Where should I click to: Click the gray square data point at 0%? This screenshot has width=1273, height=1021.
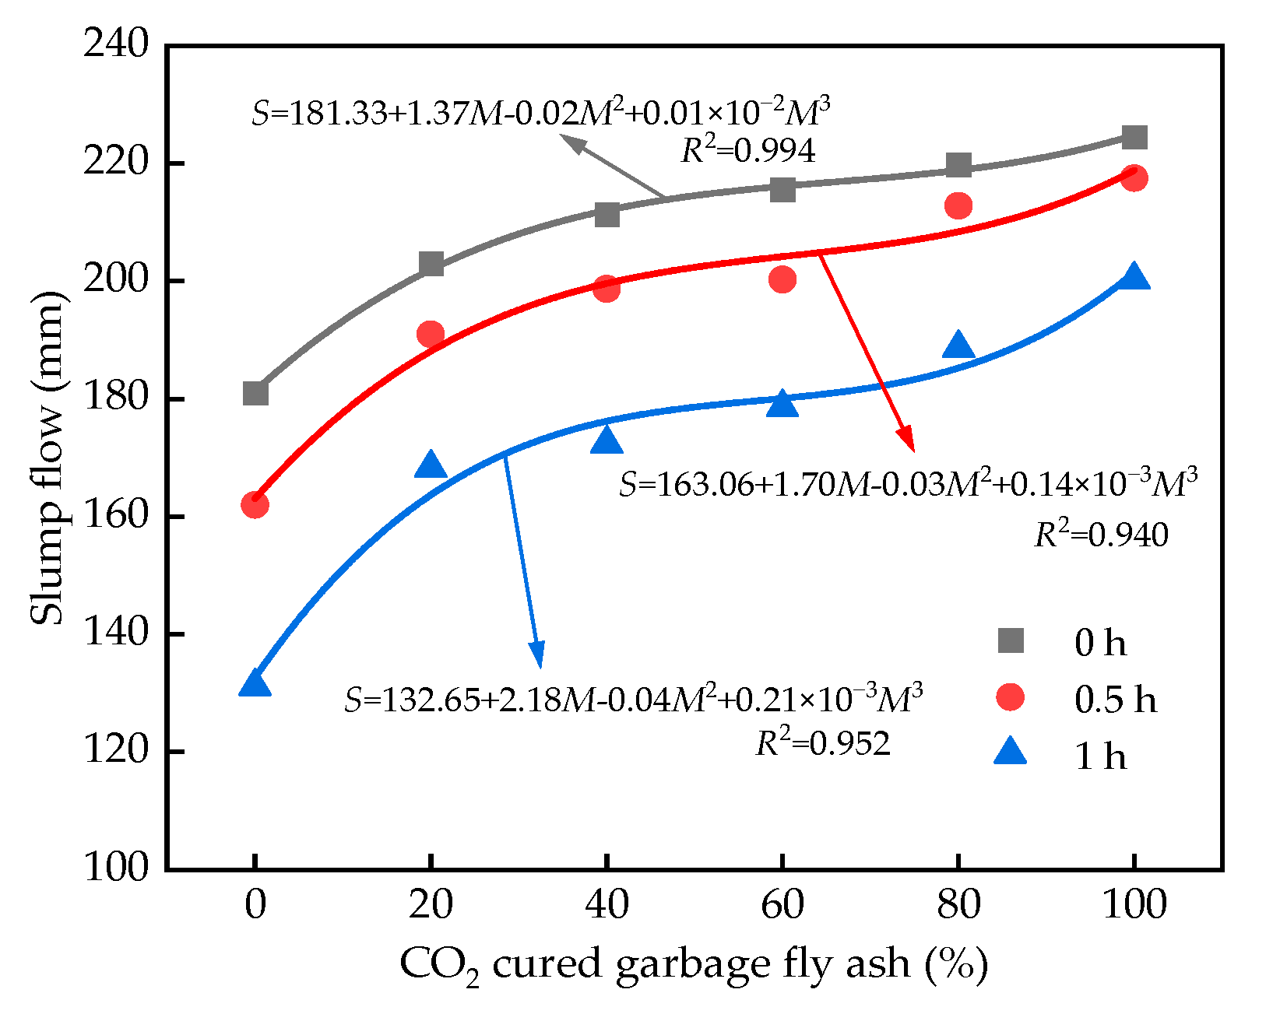(x=255, y=394)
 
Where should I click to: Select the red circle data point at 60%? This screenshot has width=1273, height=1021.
(x=782, y=279)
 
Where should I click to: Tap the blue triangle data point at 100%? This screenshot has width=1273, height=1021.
(x=1134, y=277)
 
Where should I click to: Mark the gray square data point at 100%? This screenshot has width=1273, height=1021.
(x=1134, y=138)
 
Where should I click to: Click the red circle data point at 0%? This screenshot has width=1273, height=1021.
(x=255, y=505)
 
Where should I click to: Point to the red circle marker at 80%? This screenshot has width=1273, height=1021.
(x=958, y=205)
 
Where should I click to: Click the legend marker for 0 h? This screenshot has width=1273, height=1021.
(x=1011, y=641)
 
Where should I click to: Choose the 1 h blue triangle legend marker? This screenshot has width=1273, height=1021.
(x=1011, y=753)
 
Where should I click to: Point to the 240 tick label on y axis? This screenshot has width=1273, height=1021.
(x=116, y=44)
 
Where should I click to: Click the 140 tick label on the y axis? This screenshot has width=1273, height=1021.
(x=116, y=633)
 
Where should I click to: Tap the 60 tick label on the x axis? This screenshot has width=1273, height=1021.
(x=782, y=905)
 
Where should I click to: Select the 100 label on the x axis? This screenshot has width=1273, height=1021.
(x=1134, y=905)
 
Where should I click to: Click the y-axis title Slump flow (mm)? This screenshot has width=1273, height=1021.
(x=47, y=458)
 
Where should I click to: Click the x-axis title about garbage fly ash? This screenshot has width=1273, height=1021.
(x=694, y=965)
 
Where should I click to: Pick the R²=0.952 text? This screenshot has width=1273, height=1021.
(x=823, y=743)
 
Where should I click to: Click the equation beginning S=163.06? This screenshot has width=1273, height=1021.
(x=908, y=485)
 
